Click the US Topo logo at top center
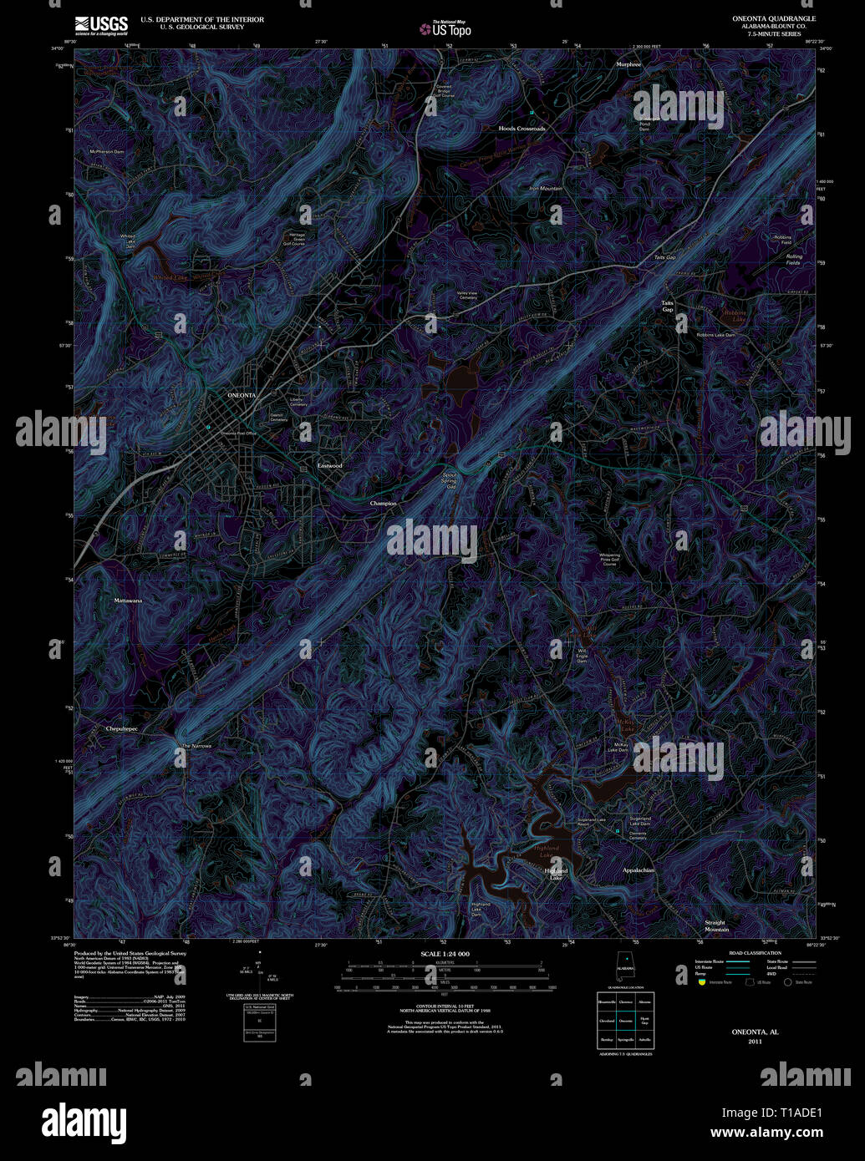pos(445,29)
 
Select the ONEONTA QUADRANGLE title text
pos(774,18)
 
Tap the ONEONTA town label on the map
pos(242,395)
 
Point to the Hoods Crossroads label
pos(522,129)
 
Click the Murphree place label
pos(628,64)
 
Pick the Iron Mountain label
pos(546,189)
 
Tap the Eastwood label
pos(330,465)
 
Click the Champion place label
pos(383,504)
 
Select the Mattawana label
pos(128,601)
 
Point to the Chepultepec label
pos(121,729)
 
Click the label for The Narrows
pos(196,746)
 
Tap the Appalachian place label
pos(639,870)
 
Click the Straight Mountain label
pos(716,926)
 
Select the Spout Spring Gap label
pos(449,481)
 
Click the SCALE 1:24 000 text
pos(445,954)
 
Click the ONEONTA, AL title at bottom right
pos(755,1032)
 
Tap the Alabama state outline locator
pos(624,968)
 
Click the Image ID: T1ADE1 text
pos(772,1113)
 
